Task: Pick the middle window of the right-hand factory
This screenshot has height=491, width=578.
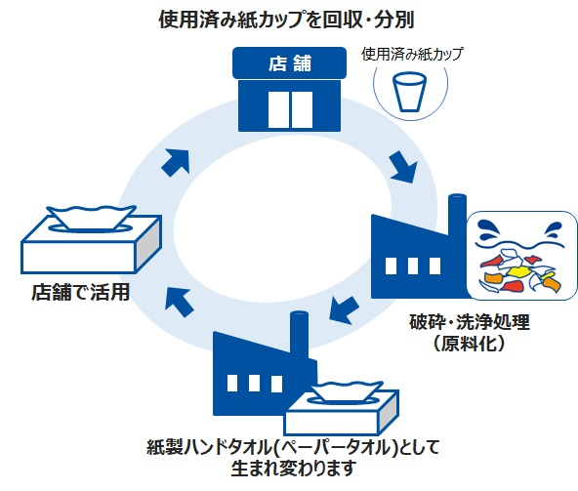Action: (413, 266)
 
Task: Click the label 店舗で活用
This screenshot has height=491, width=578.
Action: (79, 292)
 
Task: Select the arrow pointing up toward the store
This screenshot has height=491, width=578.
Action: (175, 160)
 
